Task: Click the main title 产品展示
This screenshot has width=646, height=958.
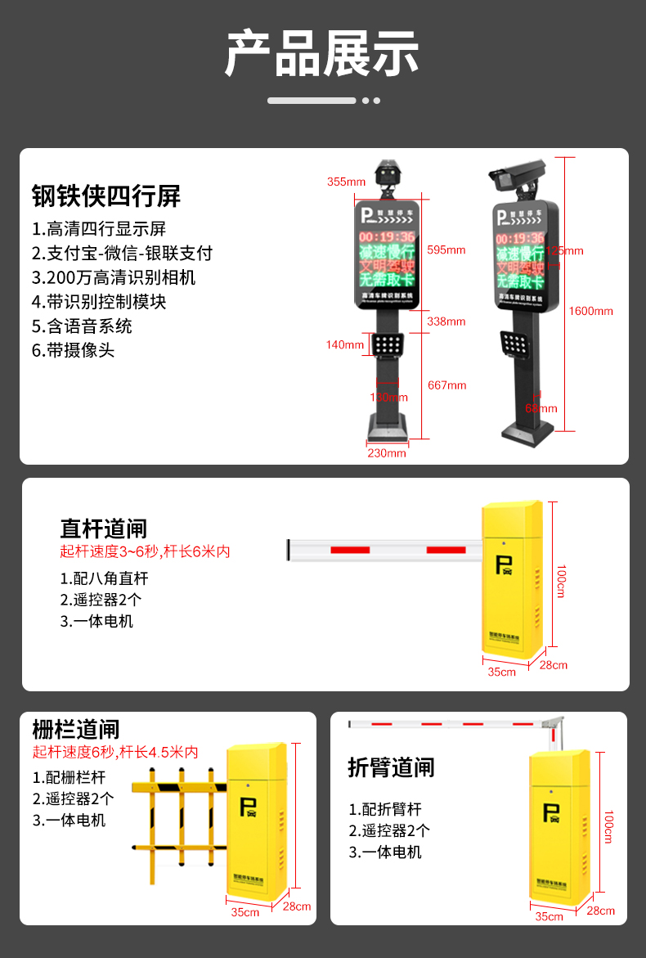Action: [x=322, y=54]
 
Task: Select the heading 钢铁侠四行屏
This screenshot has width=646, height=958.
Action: [x=106, y=196]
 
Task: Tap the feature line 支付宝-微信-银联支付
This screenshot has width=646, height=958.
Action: [x=122, y=253]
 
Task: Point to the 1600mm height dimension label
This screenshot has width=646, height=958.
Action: [x=590, y=311]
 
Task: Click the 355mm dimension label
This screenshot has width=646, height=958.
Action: [x=346, y=182]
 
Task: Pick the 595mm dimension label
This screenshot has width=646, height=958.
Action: [x=446, y=250]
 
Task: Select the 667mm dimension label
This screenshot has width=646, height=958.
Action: [x=446, y=385]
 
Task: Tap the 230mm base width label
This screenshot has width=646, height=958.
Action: [x=386, y=452]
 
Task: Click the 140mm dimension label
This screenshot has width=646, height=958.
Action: [x=345, y=344]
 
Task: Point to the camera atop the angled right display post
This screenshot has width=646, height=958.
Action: [x=516, y=171]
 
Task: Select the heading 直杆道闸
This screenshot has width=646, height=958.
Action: [x=103, y=528]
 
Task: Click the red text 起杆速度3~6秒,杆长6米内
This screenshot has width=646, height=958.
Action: [x=145, y=551]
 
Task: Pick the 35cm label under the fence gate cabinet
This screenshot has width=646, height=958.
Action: [x=244, y=911]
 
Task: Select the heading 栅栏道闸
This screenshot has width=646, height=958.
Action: [x=76, y=729]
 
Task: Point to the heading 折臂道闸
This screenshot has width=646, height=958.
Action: [x=391, y=767]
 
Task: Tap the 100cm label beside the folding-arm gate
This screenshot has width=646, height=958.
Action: [x=608, y=826]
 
